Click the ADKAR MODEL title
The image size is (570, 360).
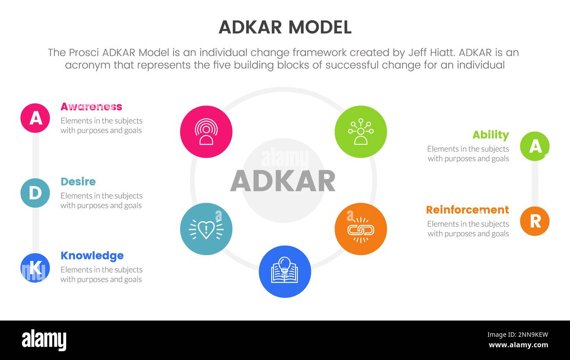click(x=285, y=27)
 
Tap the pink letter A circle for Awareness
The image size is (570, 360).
click(x=35, y=118)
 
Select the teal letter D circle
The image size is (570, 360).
click(x=35, y=193)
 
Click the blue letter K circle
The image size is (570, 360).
click(x=35, y=267)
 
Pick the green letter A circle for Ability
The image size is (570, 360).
click(x=534, y=146)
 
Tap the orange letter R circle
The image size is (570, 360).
click(x=534, y=221)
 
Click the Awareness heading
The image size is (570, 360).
click(x=91, y=107)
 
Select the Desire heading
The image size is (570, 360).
click(x=78, y=182)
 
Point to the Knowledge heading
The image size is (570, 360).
click(x=92, y=256)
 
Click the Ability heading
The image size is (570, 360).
click(x=491, y=135)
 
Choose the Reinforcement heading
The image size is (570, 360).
click(x=467, y=210)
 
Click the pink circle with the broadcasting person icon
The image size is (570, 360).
click(x=206, y=132)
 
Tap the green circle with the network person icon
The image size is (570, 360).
click(x=361, y=132)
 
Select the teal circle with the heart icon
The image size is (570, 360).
click(x=206, y=229)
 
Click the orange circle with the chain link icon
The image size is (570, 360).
click(x=361, y=229)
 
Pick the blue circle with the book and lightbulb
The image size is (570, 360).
click(x=285, y=272)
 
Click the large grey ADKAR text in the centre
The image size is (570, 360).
click(x=283, y=181)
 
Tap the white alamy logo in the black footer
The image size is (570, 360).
click(x=44, y=340)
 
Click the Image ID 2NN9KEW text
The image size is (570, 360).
click(x=517, y=335)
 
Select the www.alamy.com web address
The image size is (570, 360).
click(x=518, y=345)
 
